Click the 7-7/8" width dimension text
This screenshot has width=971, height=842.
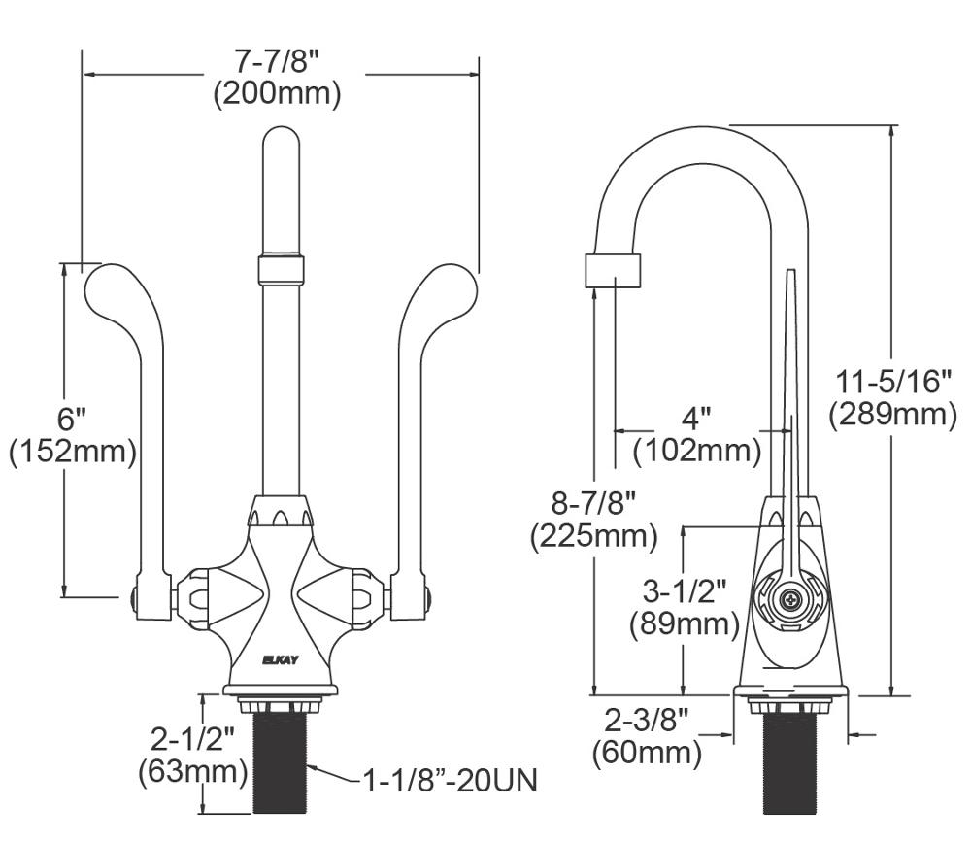(277, 60)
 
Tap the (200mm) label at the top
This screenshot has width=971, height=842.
(277, 94)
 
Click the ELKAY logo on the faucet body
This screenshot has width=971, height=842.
(282, 659)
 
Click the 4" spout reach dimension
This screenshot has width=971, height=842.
(695, 418)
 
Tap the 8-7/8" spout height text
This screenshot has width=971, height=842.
(593, 502)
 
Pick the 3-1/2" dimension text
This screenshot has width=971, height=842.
(685, 589)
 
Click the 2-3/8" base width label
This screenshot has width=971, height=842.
(647, 720)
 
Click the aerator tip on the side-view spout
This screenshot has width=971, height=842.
(613, 269)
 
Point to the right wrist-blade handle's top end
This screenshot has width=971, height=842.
(456, 282)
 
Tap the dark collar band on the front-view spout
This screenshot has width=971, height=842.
(282, 269)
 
